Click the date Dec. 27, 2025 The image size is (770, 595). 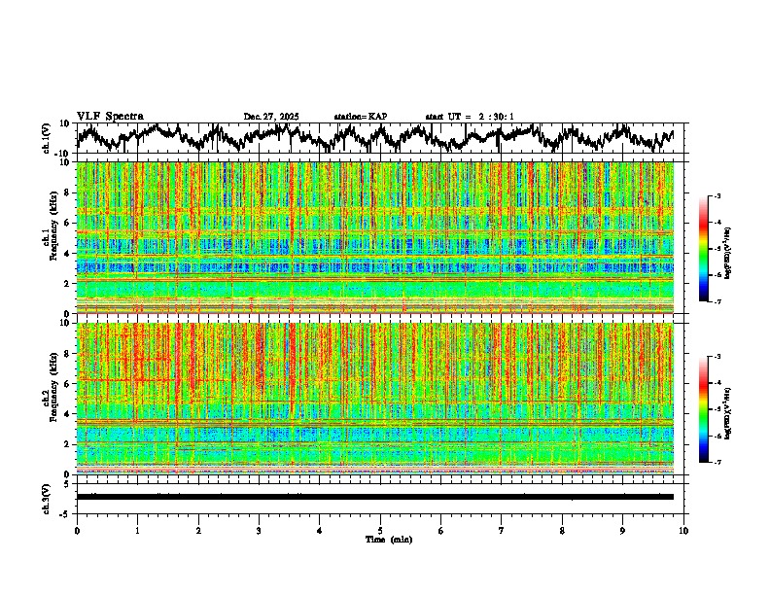271,117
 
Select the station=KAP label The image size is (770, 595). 361,117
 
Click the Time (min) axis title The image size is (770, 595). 388,539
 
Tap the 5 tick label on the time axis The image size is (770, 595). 380,530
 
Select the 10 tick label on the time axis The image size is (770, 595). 683,530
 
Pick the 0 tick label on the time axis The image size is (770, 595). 77,530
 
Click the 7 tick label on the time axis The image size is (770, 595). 502,530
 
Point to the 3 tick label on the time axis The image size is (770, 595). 259,530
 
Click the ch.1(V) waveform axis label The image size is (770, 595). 47,138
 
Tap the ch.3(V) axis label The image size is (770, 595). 47,496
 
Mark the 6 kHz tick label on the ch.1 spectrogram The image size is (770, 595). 67,224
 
